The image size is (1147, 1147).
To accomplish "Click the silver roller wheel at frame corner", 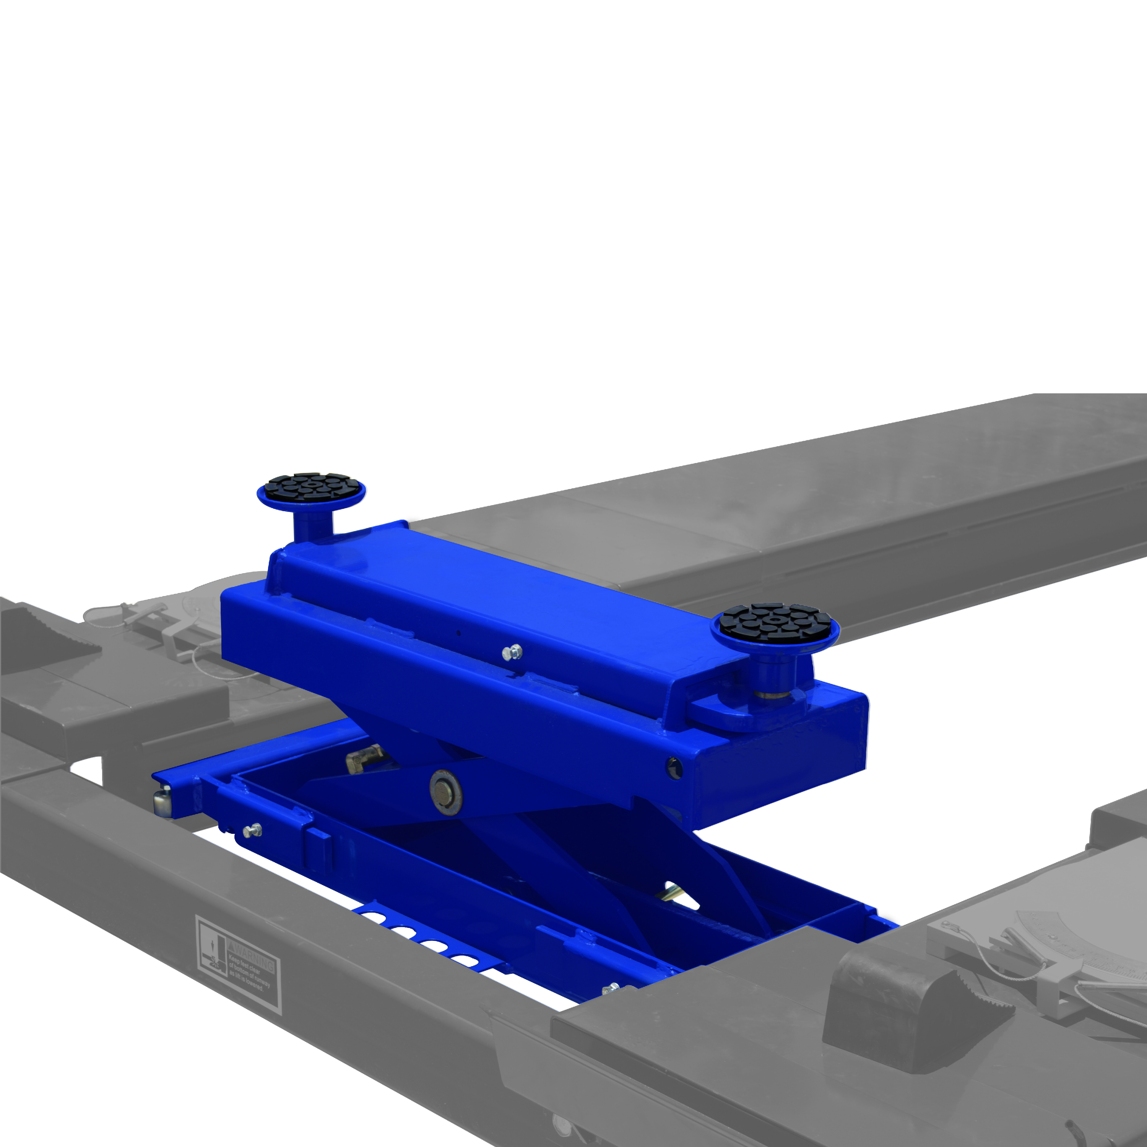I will (161, 802).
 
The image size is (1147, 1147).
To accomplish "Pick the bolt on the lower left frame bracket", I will (253, 829).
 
